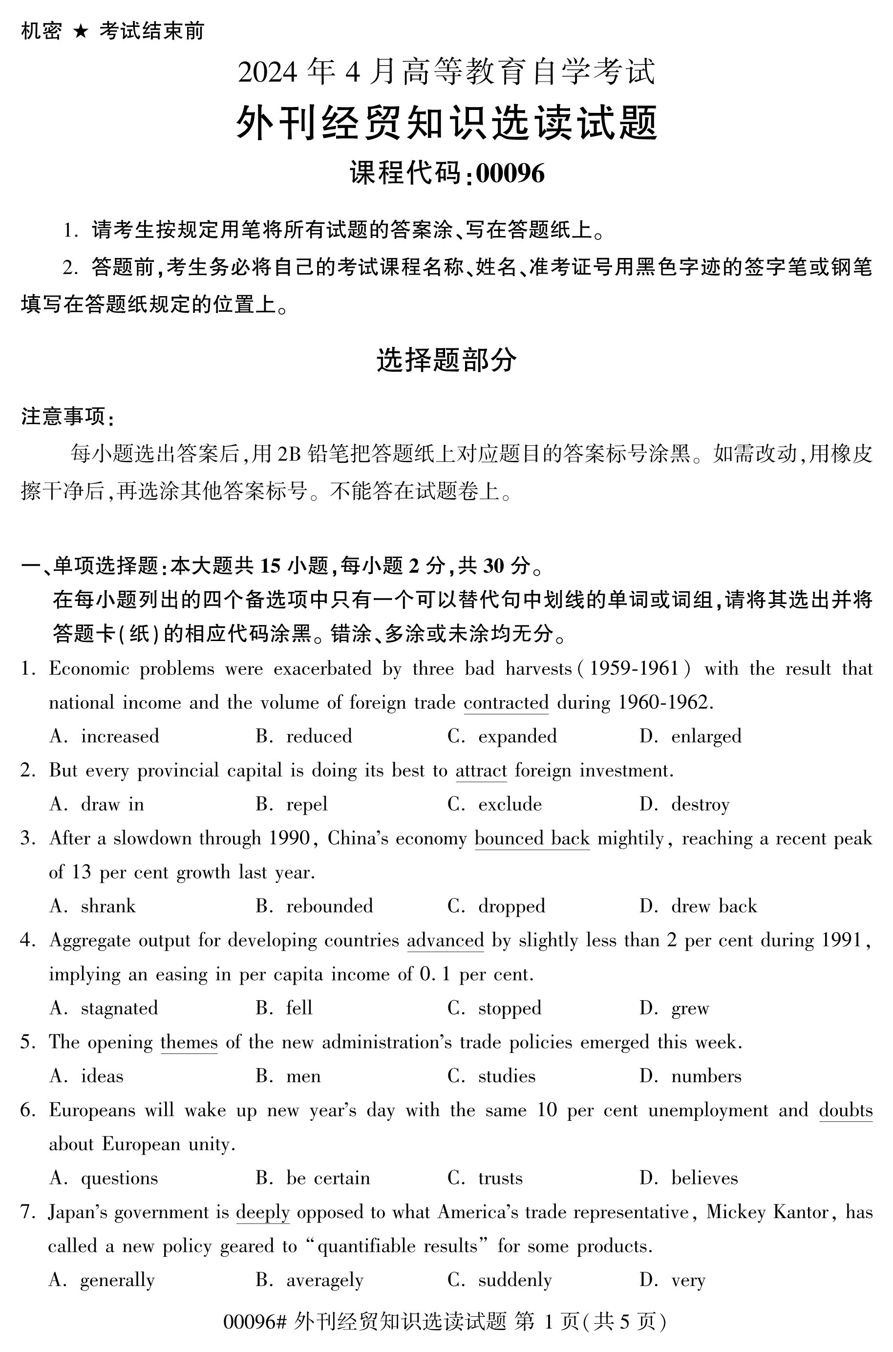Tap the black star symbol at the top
(x=80, y=31)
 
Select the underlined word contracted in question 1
(x=506, y=702)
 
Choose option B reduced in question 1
(x=319, y=736)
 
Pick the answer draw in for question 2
(x=112, y=804)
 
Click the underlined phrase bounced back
(x=532, y=838)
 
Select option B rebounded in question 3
(x=329, y=906)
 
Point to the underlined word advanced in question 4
(x=445, y=940)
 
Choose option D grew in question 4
(x=690, y=1009)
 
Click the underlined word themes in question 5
(x=189, y=1042)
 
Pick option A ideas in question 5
(x=102, y=1076)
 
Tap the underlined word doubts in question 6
(x=845, y=1111)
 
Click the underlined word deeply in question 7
(x=262, y=1212)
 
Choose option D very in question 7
(x=688, y=1280)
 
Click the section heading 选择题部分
(x=446, y=360)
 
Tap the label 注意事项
(x=67, y=416)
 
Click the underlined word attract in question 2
(x=481, y=771)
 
